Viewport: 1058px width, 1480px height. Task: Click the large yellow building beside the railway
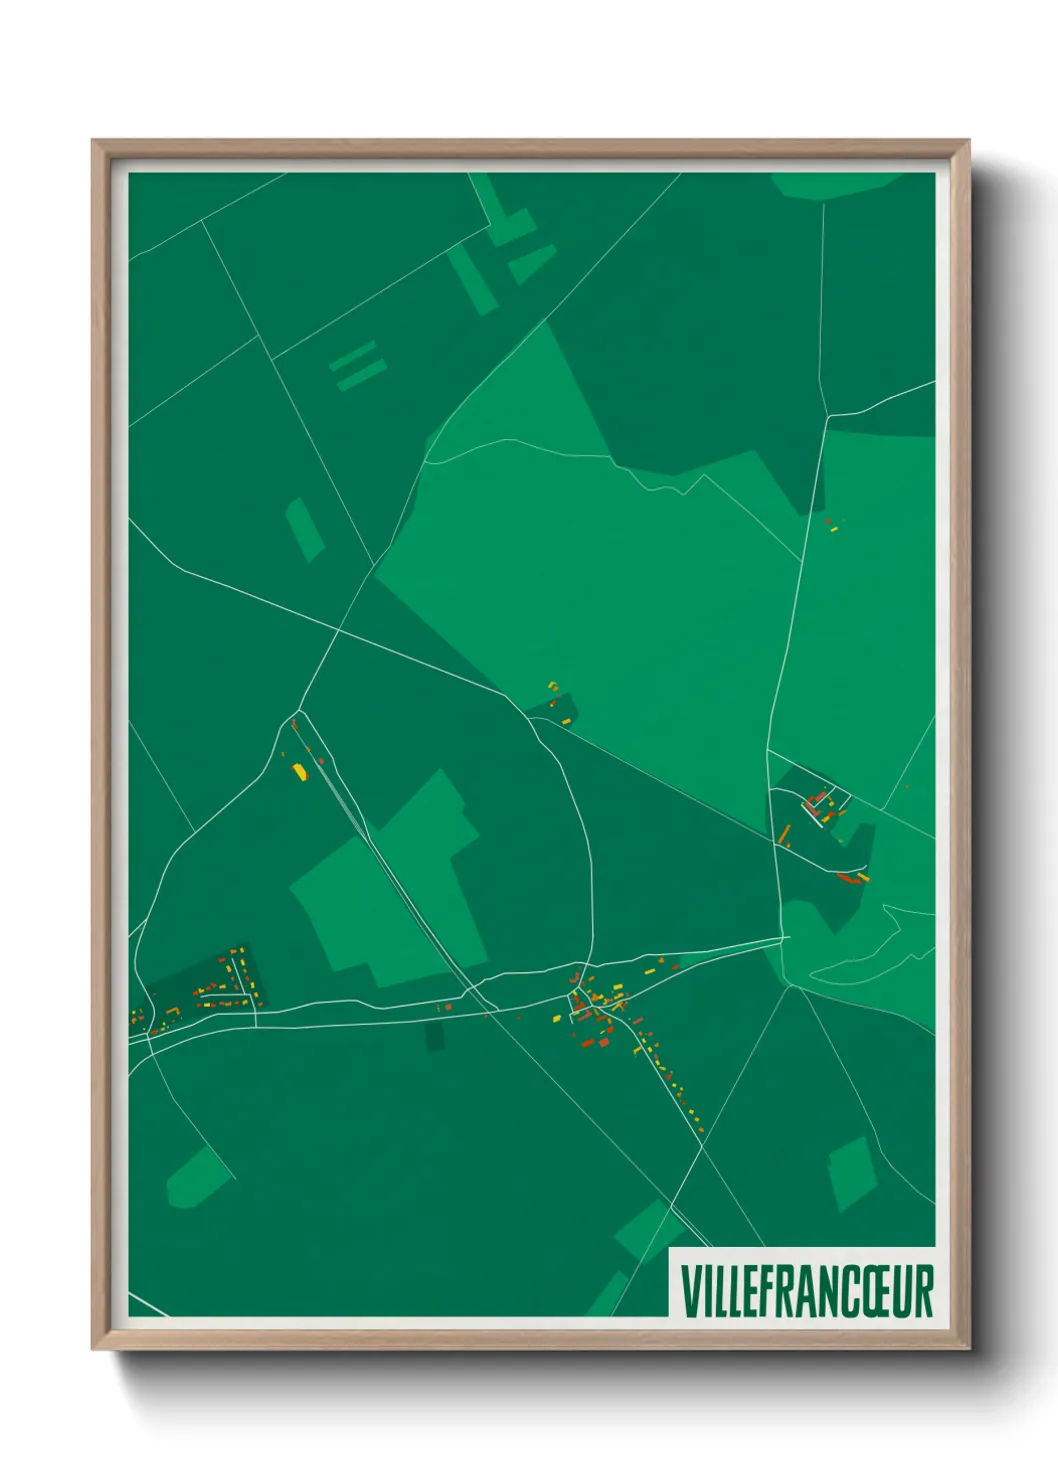click(298, 770)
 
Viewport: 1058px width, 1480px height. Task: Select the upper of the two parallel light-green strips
click(352, 355)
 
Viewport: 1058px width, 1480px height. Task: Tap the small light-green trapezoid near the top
click(531, 263)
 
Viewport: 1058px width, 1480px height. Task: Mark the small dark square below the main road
click(435, 1036)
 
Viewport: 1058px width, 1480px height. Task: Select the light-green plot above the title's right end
click(852, 1173)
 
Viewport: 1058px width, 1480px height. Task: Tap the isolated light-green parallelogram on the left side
click(304, 528)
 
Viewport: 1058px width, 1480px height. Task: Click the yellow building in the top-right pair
click(833, 528)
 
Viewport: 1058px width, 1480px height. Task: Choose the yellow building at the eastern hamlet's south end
click(863, 878)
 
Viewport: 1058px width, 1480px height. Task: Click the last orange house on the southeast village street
click(701, 1129)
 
